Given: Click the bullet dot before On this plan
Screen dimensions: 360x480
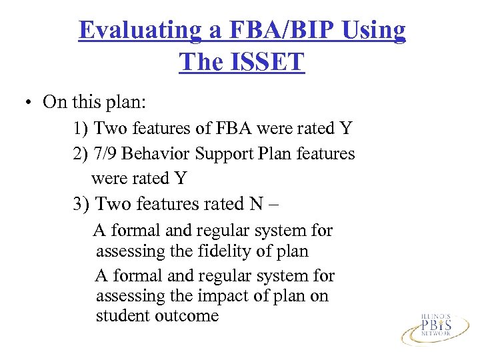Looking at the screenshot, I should pos(29,103).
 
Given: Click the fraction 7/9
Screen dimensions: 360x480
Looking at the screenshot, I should pos(108,154).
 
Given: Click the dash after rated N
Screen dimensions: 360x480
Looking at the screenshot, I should pos(283,204).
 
